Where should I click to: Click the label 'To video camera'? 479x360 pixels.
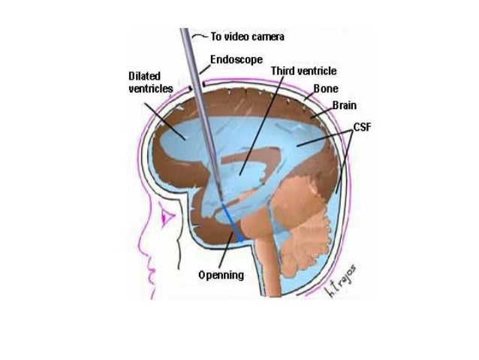(247, 36)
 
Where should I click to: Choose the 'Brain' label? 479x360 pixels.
(344, 106)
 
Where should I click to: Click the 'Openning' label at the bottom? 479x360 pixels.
(221, 275)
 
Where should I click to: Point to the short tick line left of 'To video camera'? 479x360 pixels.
(197, 35)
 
